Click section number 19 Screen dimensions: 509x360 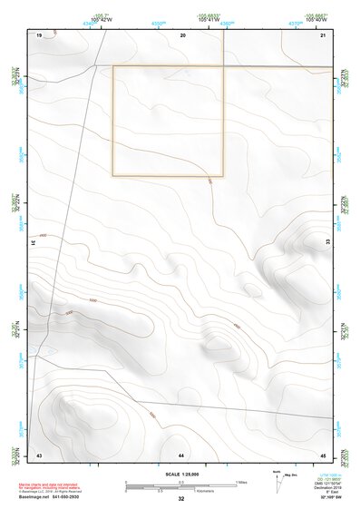pyautogui.click(x=39, y=34)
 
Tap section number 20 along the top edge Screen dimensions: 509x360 pyautogui.click(x=183, y=34)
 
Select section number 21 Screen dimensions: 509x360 pyautogui.click(x=322, y=34)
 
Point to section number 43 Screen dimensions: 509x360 pyautogui.click(x=39, y=454)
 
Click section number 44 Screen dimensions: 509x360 pyautogui.click(x=181, y=454)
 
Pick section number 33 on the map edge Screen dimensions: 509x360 pyautogui.click(x=327, y=241)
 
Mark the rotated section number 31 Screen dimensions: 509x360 pyautogui.click(x=35, y=242)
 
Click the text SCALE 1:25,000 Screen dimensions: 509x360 pyautogui.click(x=180, y=475)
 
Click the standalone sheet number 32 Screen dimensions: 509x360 pyautogui.click(x=180, y=500)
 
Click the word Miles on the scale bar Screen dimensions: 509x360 pyautogui.click(x=239, y=481)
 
